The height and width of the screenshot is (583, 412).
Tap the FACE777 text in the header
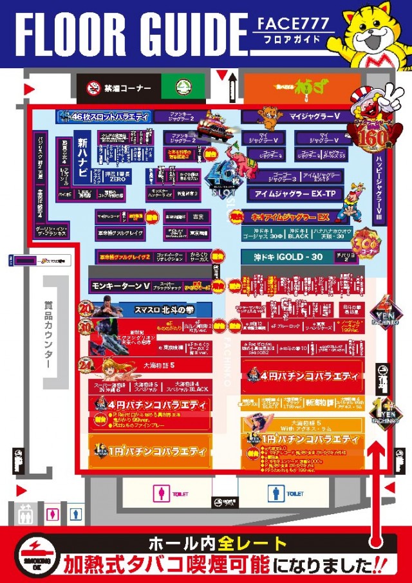(x=294, y=25)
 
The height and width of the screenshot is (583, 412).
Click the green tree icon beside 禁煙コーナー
(x=182, y=86)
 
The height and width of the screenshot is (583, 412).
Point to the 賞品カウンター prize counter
(x=48, y=334)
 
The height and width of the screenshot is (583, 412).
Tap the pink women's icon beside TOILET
(x=158, y=493)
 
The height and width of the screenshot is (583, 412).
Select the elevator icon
(x=26, y=514)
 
